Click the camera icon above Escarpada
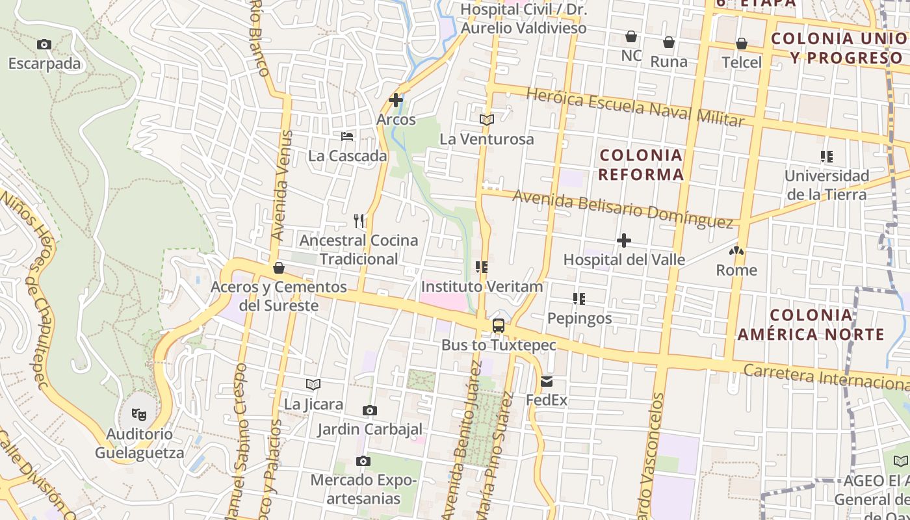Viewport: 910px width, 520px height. (44, 45)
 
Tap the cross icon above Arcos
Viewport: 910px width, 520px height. (396, 100)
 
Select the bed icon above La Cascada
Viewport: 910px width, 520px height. (348, 136)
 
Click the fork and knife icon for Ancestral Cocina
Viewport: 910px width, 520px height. (359, 221)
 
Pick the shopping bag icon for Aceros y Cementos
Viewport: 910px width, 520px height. (279, 268)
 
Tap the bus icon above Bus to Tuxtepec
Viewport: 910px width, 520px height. (499, 326)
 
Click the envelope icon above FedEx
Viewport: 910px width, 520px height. (547, 381)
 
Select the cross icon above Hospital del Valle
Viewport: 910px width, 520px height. (624, 240)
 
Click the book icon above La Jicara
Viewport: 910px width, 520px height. (313, 385)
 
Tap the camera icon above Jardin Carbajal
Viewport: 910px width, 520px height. (370, 410)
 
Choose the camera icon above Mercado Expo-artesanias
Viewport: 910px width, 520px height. (363, 461)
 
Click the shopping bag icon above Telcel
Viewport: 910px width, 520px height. (742, 44)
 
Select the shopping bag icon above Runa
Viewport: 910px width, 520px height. (669, 43)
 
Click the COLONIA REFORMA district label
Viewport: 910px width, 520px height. (642, 164)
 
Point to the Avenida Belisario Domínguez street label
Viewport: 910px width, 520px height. (623, 209)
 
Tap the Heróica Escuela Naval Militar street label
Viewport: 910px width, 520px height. (635, 107)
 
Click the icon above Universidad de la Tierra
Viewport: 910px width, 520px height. (827, 157)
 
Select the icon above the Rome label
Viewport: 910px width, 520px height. (736, 251)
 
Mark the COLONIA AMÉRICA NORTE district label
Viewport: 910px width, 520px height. (811, 324)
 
